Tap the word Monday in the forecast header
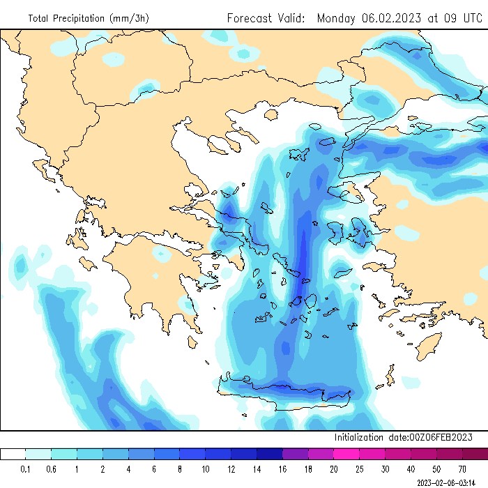point(337,18)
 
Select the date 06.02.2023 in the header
point(391,18)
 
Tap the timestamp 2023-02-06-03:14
point(451,482)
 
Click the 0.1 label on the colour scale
point(26,468)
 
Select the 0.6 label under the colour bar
point(52,468)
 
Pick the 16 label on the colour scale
point(282,468)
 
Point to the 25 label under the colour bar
point(359,468)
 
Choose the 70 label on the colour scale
point(462,468)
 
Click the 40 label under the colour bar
point(411,468)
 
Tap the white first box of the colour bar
point(13,454)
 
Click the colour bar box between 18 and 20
point(321,454)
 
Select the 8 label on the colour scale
point(180,468)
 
